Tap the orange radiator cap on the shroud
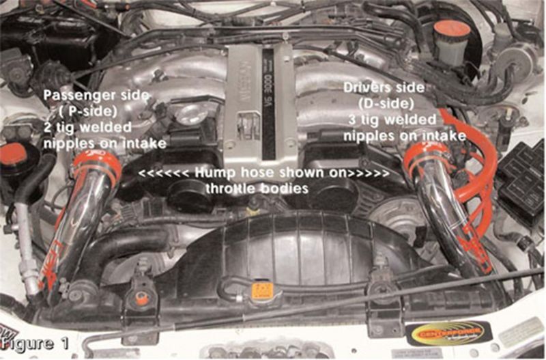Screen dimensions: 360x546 click(x=262, y=290)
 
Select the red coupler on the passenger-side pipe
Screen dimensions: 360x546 click(x=96, y=167)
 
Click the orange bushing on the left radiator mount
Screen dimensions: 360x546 click(x=142, y=298)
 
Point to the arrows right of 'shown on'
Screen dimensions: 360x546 click(x=369, y=174)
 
